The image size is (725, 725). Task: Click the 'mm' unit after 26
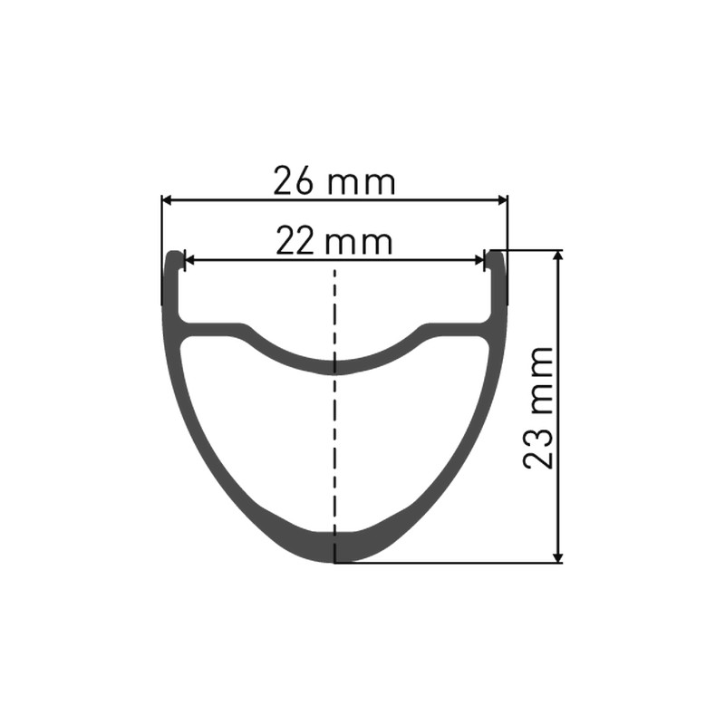tap(362, 184)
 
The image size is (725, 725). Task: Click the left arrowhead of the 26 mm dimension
tap(168, 200)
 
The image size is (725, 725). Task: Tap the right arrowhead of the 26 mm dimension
tap(501, 200)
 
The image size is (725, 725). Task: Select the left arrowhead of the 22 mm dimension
tap(189, 261)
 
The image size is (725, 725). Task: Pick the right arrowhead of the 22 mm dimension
tap(479, 261)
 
